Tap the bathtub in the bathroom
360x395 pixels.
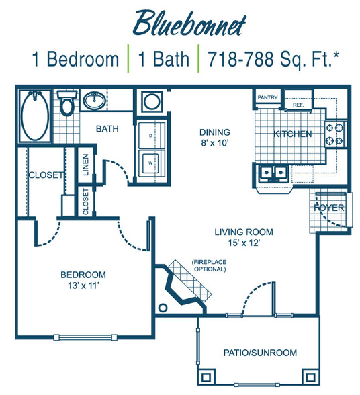(35, 116)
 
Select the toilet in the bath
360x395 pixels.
(66, 103)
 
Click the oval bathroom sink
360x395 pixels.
(95, 101)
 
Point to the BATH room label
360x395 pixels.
(107, 129)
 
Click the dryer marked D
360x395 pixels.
(150, 136)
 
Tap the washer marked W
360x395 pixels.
(150, 164)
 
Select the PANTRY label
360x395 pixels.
(267, 97)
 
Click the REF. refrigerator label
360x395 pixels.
(298, 105)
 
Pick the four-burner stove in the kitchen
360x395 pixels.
(334, 134)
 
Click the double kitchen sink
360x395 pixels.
(274, 173)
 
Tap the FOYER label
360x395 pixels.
(329, 208)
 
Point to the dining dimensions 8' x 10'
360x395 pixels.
(215, 143)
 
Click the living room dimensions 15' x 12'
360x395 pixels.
(244, 243)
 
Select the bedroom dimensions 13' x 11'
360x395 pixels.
(83, 286)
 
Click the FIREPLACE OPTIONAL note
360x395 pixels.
(210, 265)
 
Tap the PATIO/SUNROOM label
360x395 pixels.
(260, 353)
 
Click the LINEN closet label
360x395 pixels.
(86, 165)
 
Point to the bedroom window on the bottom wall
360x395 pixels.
(85, 337)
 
